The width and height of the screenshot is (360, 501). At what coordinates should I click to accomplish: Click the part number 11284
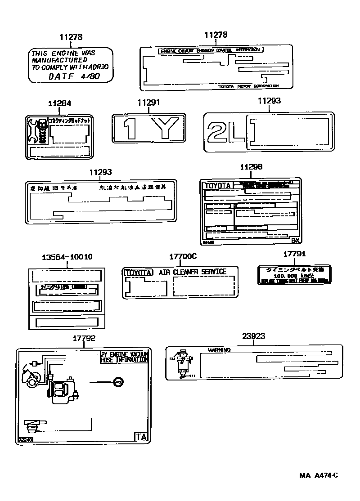59,103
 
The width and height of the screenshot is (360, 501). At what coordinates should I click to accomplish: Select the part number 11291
148,103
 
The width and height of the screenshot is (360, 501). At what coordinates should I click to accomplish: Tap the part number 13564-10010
67,257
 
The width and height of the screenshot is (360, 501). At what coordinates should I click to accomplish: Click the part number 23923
253,336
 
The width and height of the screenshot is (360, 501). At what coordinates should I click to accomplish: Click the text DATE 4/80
74,76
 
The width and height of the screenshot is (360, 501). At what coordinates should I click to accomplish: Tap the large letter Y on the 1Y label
164,128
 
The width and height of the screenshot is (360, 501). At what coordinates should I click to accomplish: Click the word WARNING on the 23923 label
219,350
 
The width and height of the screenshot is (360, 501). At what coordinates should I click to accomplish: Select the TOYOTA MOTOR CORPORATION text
248,85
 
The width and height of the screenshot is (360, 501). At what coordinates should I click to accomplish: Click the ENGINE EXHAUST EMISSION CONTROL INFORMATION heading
209,50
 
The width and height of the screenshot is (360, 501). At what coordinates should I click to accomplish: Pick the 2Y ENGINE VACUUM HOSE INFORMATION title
124,357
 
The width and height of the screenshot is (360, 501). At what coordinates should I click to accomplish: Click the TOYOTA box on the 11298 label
217,185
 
